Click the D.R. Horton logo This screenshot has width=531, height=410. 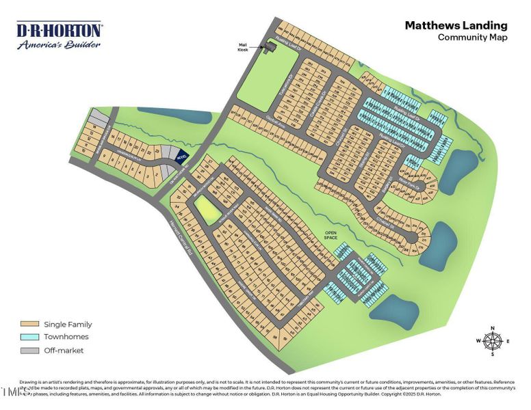(60, 30)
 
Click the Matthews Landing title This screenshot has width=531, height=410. (456, 25)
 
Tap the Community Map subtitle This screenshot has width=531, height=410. (473, 38)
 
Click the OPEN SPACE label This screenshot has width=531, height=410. (332, 235)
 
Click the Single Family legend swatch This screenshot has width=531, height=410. (29, 325)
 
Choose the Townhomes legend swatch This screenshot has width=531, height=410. (29, 337)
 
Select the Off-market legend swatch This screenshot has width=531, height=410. (29, 350)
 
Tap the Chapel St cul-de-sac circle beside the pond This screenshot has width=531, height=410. (413, 237)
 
